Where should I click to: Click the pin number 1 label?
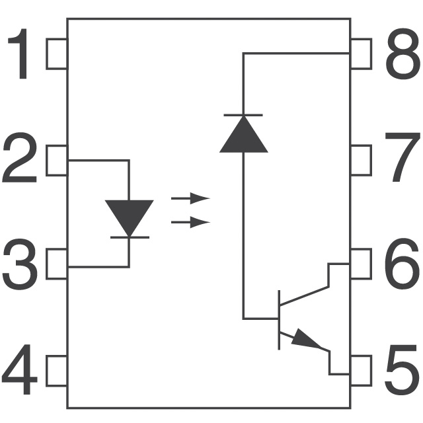(x=19, y=54)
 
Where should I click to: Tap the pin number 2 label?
(x=19, y=157)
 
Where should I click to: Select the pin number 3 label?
(x=20, y=264)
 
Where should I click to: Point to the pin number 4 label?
(x=19, y=369)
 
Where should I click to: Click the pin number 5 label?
(x=402, y=369)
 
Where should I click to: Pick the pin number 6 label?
(x=402, y=264)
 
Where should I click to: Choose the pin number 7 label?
(x=403, y=157)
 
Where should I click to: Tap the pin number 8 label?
(x=403, y=54)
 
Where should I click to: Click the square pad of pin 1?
(x=57, y=54)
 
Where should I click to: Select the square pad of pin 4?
(x=57, y=371)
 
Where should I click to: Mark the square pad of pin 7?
(x=361, y=160)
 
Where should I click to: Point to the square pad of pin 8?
(x=361, y=54)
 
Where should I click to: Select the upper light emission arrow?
(x=190, y=198)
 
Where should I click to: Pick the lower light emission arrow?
(x=190, y=222)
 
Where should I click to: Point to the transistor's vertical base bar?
(x=279, y=320)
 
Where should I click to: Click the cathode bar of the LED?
(x=130, y=237)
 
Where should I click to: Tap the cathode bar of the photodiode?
(x=243, y=115)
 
